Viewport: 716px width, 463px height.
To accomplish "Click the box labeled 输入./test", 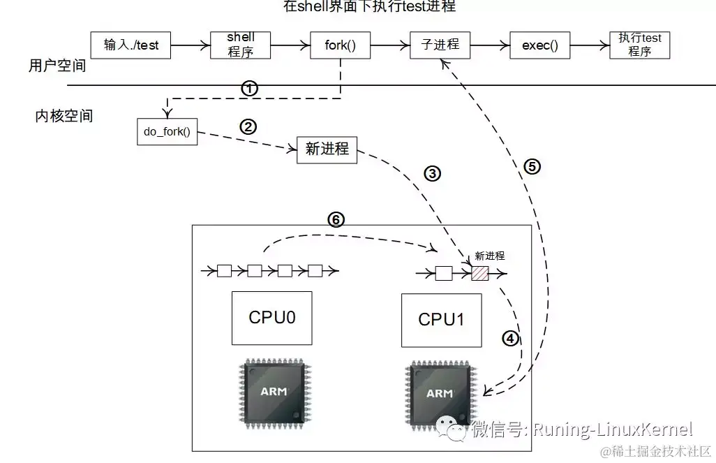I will coord(131,45).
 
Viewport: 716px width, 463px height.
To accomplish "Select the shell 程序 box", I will coord(240,45).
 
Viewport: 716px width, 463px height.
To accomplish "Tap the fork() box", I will coord(340,45).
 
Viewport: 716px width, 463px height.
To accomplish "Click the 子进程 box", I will coord(440,45).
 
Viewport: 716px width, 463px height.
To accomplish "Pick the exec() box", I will coord(540,45).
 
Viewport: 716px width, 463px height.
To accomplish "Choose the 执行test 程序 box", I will coord(639,45).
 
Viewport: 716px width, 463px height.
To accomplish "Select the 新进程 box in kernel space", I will coord(327,149).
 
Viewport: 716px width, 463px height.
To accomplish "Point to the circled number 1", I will coord(249,88).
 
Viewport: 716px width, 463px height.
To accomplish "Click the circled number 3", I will coord(432,174).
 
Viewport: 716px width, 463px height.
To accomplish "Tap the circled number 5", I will coord(532,166).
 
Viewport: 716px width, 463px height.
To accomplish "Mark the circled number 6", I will coord(336,219).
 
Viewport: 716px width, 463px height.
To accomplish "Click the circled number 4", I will coord(510,339).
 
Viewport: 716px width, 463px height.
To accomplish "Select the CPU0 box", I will coord(271,318).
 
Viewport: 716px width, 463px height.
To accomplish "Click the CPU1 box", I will coord(441,320).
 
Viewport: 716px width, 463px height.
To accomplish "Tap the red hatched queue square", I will coord(480,273).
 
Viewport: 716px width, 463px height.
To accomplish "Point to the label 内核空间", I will coord(64,116).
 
